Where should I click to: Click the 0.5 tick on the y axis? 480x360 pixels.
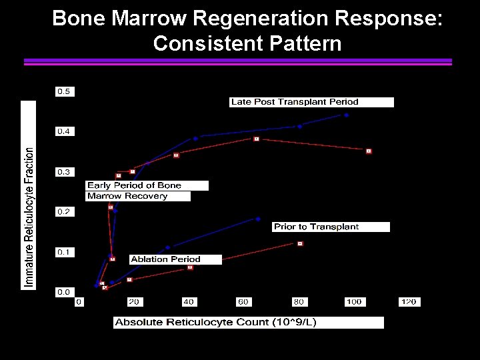point(65,91)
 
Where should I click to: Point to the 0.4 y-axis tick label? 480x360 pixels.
point(65,131)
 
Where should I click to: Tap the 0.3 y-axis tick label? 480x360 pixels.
point(65,172)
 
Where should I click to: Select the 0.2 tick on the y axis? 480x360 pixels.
point(65,212)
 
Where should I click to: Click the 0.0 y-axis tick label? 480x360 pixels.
point(65,292)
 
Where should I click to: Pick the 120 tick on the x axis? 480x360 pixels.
point(408,302)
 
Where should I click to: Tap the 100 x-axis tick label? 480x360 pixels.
point(353,302)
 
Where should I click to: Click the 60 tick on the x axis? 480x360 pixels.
point(244,302)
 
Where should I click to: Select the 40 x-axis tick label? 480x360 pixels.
point(189,302)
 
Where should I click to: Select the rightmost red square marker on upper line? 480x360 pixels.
point(369,151)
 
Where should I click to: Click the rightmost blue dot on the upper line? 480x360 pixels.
point(346,115)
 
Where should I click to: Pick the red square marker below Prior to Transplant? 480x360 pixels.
point(300,244)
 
